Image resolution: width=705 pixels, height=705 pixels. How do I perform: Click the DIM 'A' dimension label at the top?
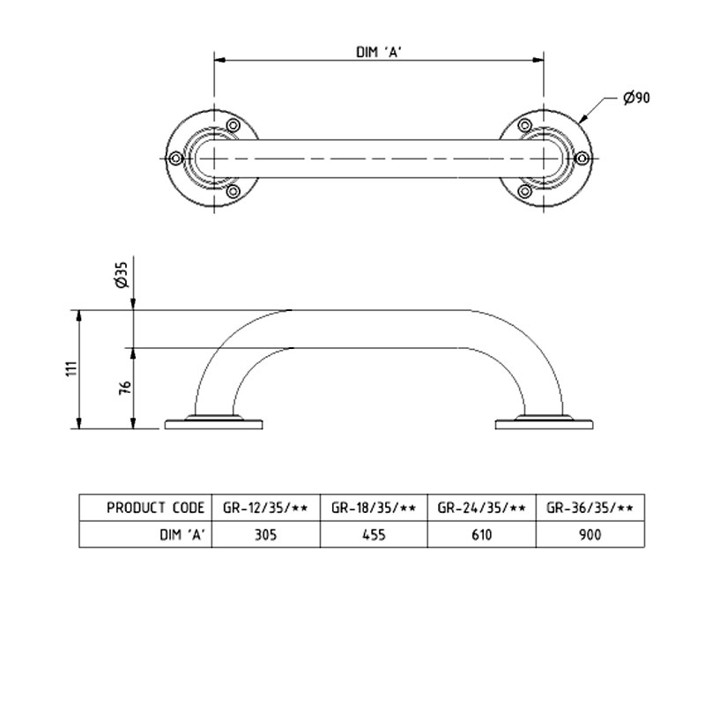[x=379, y=50]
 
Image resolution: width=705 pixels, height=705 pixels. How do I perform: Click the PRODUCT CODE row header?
[x=156, y=508]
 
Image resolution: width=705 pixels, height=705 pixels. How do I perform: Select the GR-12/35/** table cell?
[x=264, y=508]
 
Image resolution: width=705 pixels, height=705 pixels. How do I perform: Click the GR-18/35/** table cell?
[x=374, y=508]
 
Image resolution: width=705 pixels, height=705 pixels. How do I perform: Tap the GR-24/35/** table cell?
[x=482, y=508]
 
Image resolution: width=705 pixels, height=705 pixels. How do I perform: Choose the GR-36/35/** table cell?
[x=590, y=508]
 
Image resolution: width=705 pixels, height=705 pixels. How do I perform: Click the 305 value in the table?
[x=264, y=534]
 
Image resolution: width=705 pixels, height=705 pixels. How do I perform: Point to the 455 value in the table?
[x=374, y=534]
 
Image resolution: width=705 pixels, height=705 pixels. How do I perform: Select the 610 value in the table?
[x=482, y=534]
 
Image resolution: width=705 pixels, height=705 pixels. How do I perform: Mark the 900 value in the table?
[x=590, y=534]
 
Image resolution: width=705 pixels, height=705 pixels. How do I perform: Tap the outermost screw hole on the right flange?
[x=582, y=159]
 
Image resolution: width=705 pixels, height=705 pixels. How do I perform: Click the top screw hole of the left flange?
[x=234, y=127]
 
